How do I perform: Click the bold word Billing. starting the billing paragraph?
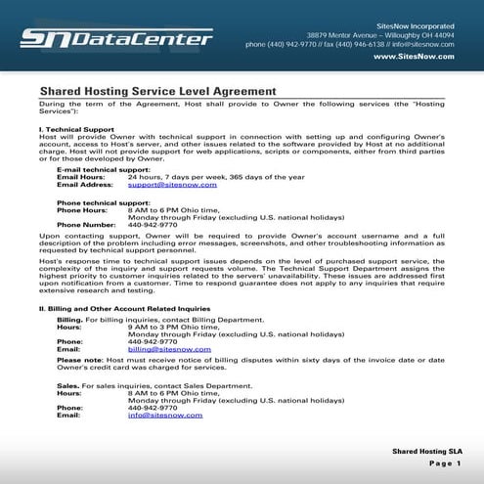coord(69,320)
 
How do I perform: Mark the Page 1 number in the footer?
coord(445,464)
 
